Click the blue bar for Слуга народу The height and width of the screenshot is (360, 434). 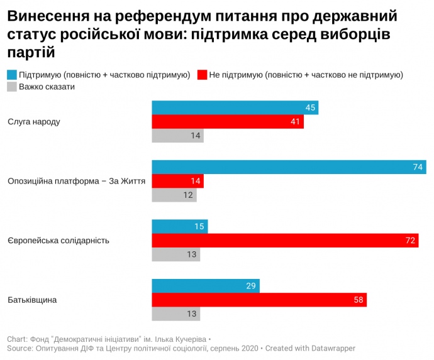click(235, 107)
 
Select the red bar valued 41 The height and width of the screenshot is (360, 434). click(228, 122)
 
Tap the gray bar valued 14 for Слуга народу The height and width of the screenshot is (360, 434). click(178, 136)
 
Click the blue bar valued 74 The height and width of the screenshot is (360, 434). click(289, 167)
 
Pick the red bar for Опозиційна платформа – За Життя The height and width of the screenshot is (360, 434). click(178, 182)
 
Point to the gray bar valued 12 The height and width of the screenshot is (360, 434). click(174, 195)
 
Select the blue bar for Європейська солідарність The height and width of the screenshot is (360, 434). click(180, 226)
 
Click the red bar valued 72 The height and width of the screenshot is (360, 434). click(286, 241)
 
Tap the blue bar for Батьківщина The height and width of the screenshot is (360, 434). click(206, 286)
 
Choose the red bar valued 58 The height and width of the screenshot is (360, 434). click(259, 300)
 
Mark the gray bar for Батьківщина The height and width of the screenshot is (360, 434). click(176, 314)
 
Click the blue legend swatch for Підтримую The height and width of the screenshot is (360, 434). click(12, 75)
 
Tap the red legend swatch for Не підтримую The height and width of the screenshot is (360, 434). click(202, 75)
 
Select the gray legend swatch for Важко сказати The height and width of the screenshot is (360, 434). click(12, 87)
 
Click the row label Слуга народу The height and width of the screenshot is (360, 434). click(33, 121)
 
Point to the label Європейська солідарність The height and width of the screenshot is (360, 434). click(58, 241)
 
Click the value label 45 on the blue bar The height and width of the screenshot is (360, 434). click(310, 107)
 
